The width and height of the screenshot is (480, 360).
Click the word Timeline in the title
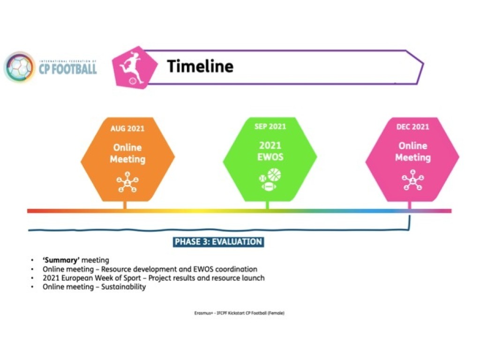click(200, 66)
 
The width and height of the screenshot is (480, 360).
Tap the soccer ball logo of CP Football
click(19, 67)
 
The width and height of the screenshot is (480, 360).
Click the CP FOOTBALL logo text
click(67, 67)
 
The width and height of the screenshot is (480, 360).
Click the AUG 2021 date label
click(127, 128)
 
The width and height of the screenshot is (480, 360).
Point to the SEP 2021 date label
click(270, 127)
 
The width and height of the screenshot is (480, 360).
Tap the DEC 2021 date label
click(412, 127)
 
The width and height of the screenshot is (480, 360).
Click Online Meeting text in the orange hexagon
click(127, 153)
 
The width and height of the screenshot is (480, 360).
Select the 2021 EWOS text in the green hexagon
click(270, 151)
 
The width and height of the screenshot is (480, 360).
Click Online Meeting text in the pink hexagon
click(412, 151)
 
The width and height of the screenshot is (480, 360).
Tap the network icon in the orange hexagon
click(127, 182)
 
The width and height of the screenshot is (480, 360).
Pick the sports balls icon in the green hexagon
click(270, 180)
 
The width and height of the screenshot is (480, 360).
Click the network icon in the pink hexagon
click(412, 180)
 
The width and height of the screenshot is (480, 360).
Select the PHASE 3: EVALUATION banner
click(218, 242)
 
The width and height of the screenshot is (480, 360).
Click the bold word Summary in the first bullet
click(61, 260)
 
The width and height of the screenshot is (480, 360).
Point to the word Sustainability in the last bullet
click(124, 287)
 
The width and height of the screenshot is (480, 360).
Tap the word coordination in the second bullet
click(236, 269)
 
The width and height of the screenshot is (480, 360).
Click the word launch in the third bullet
click(253, 278)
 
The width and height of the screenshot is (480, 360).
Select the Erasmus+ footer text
click(240, 313)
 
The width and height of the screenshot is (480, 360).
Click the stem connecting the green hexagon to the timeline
click(268, 205)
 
